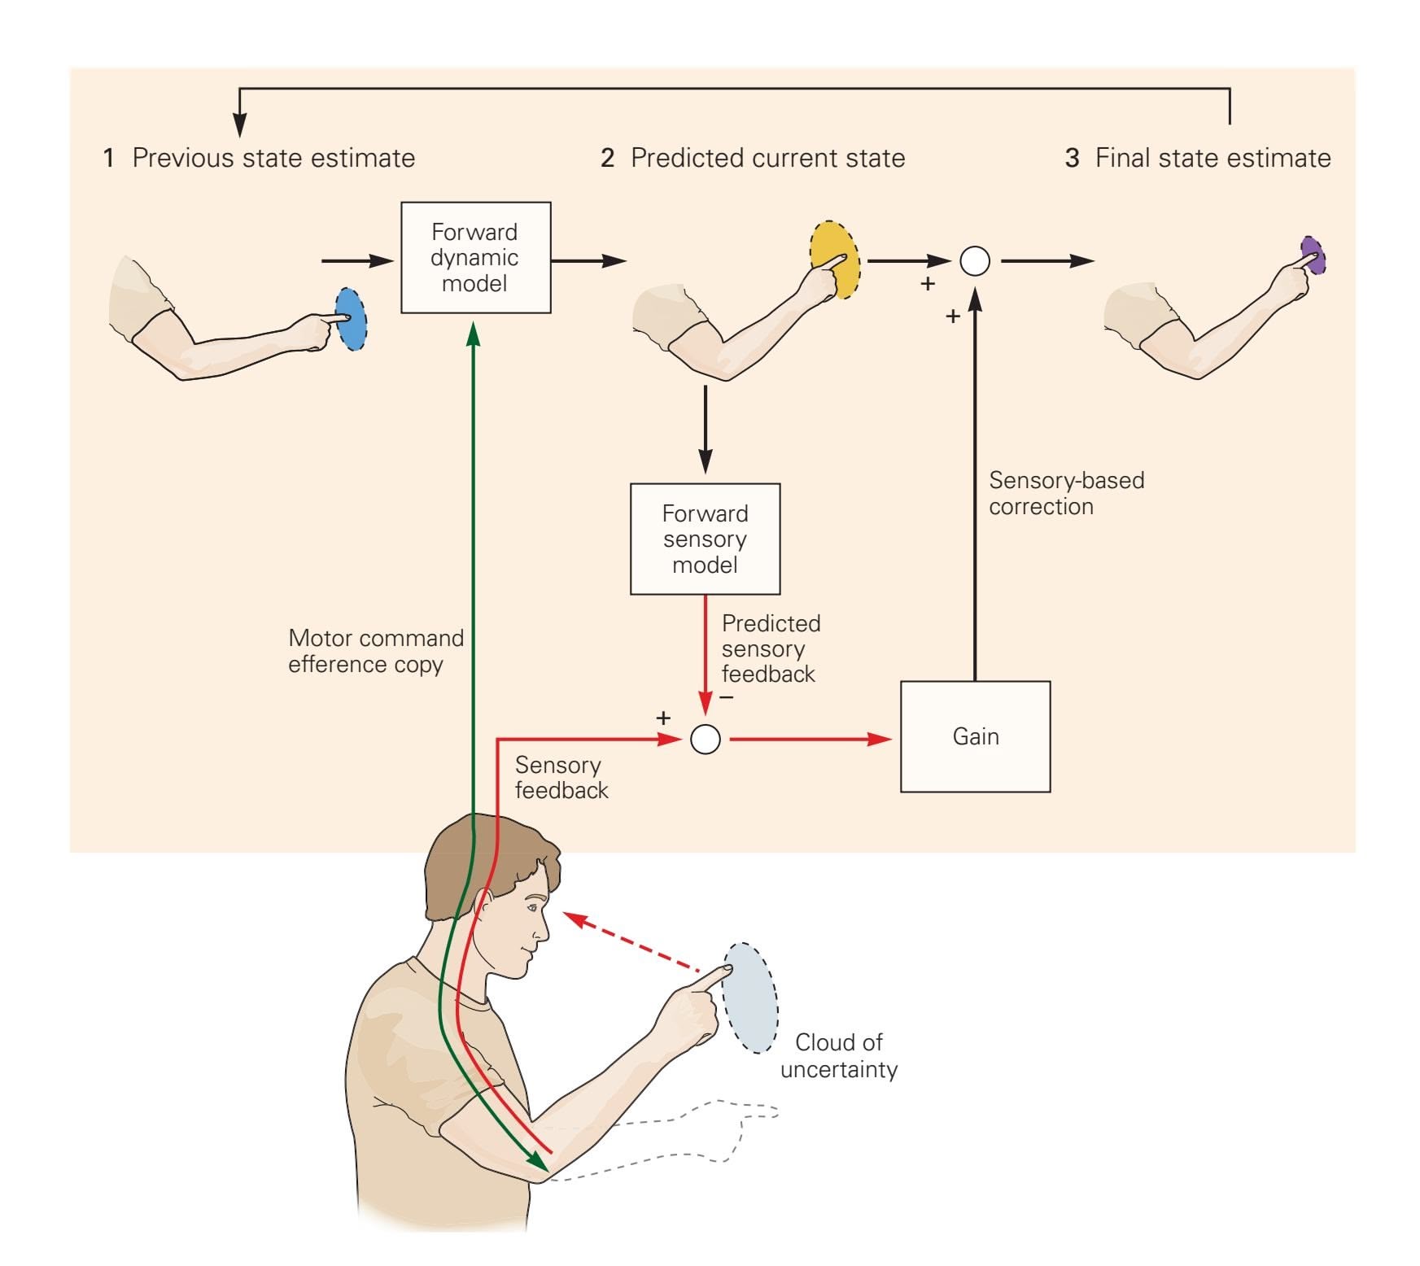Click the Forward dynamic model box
tap(475, 257)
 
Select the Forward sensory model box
tap(705, 539)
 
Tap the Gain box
tap(975, 736)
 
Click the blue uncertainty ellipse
tap(352, 320)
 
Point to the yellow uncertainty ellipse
tap(833, 260)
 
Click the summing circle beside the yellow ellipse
tap(975, 261)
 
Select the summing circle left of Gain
tap(705, 740)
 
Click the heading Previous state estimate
tap(273, 158)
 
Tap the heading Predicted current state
tap(767, 158)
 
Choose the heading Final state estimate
tap(1212, 158)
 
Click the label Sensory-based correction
tap(1066, 493)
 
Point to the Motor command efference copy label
tap(375, 651)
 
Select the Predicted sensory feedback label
tap(770, 648)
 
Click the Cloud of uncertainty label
tap(838, 1055)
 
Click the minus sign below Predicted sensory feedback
tap(727, 697)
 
